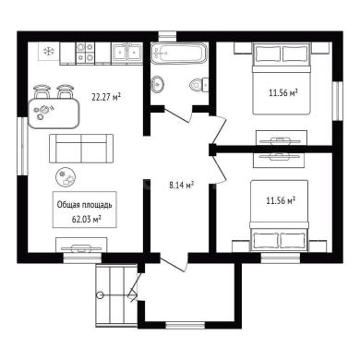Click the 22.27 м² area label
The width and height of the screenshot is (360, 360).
pyautogui.click(x=106, y=97)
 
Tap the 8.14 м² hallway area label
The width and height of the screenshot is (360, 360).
pyautogui.click(x=182, y=185)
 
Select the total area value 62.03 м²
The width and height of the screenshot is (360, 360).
pyautogui.click(x=87, y=219)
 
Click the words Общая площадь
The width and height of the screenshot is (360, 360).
pyautogui.click(x=85, y=205)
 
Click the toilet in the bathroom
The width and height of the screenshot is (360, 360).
pyautogui.click(x=199, y=84)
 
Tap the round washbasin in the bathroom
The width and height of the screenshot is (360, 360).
pyautogui.click(x=158, y=84)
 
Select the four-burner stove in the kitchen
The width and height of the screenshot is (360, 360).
pyautogui.click(x=85, y=53)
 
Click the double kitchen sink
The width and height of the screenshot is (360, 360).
pyautogui.click(x=126, y=53)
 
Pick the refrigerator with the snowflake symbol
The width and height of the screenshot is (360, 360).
pyautogui.click(x=49, y=52)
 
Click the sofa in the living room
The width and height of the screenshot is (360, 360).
pyautogui.click(x=81, y=149)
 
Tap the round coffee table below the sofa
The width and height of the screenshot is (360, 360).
pyautogui.click(x=66, y=177)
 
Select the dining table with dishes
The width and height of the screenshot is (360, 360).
pyautogui.click(x=54, y=113)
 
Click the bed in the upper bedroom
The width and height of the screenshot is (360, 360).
pyautogui.click(x=281, y=78)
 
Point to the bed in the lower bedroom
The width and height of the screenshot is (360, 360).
pyautogui.click(x=280, y=215)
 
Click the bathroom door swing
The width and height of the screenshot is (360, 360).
pyautogui.click(x=178, y=114)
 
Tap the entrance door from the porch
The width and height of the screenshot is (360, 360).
pyautogui.click(x=174, y=263)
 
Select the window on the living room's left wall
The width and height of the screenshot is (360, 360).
pyautogui.click(x=23, y=146)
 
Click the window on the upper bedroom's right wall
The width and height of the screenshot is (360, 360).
pyautogui.click(x=338, y=101)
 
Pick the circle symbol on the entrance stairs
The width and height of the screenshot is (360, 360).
pyautogui.click(x=100, y=294)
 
